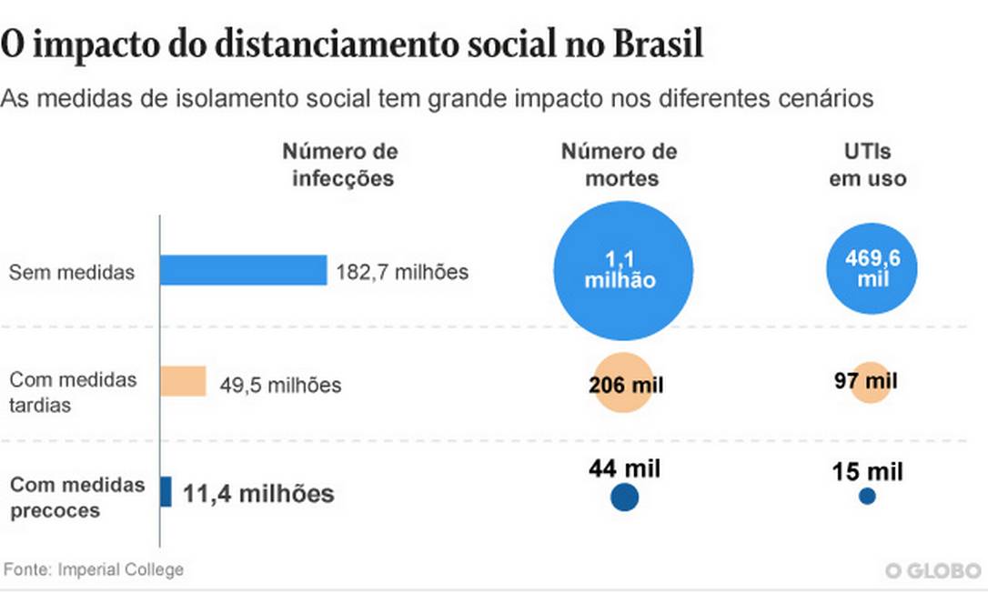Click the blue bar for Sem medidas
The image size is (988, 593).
(x=243, y=270)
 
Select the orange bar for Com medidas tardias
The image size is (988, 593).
(x=183, y=381)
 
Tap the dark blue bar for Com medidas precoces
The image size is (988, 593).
(x=166, y=492)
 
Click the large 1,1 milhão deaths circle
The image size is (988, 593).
(x=623, y=270)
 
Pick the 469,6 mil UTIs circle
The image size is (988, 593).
(x=872, y=269)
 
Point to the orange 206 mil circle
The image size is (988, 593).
(x=624, y=384)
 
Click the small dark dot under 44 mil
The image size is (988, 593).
(x=624, y=498)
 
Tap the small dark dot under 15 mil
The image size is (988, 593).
(x=867, y=497)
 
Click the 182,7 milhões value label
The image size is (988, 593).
(x=402, y=271)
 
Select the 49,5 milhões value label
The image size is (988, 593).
(x=280, y=386)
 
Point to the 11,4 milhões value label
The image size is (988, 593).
(x=258, y=495)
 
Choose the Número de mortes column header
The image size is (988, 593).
(x=620, y=165)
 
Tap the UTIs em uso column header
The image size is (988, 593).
(x=867, y=165)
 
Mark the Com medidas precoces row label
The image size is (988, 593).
(x=76, y=497)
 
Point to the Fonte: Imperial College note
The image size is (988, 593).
(x=94, y=570)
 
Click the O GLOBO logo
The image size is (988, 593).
(x=933, y=571)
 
